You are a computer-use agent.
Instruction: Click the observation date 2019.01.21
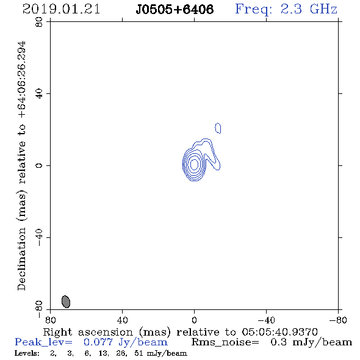tap(61, 9)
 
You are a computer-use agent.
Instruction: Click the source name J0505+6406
tap(175, 10)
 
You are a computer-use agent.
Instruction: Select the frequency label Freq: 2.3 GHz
tap(286, 10)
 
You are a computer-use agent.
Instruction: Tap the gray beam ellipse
tap(66, 301)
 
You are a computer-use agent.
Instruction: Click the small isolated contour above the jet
tap(218, 128)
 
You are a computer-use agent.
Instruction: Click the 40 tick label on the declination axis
tap(39, 94)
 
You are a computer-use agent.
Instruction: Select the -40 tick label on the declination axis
tap(39, 238)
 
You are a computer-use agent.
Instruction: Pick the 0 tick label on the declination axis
tap(39, 165)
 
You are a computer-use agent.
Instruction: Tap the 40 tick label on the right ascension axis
tap(122, 320)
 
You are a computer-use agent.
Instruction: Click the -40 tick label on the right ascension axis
tap(266, 320)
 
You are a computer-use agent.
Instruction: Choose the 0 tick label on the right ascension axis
tap(194, 320)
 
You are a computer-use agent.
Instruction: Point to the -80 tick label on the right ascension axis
tap(338, 320)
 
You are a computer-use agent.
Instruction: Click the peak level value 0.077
tap(98, 342)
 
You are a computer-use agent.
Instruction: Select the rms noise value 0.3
tap(278, 342)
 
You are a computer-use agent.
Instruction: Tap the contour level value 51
tap(139, 353)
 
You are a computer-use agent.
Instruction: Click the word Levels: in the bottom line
tap(27, 353)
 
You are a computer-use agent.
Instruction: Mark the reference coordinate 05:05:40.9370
tap(279, 332)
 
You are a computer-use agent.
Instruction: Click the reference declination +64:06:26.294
tap(22, 80)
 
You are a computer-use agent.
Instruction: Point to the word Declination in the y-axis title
tap(21, 259)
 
